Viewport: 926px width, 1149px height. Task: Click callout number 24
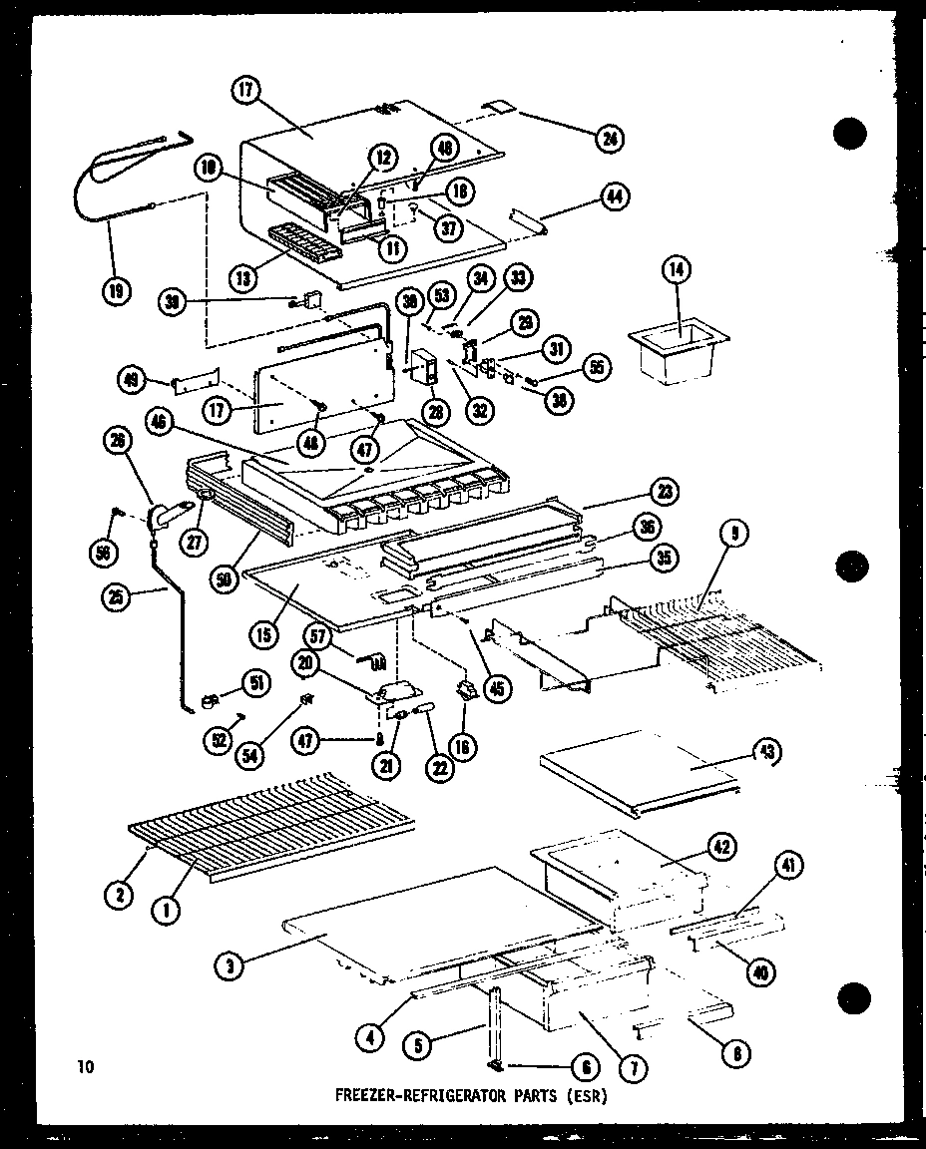click(607, 139)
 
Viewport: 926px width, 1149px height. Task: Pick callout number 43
click(769, 751)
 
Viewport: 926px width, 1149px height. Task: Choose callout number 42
click(722, 847)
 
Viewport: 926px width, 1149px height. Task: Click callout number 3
click(230, 964)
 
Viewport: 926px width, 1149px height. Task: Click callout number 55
click(597, 366)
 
